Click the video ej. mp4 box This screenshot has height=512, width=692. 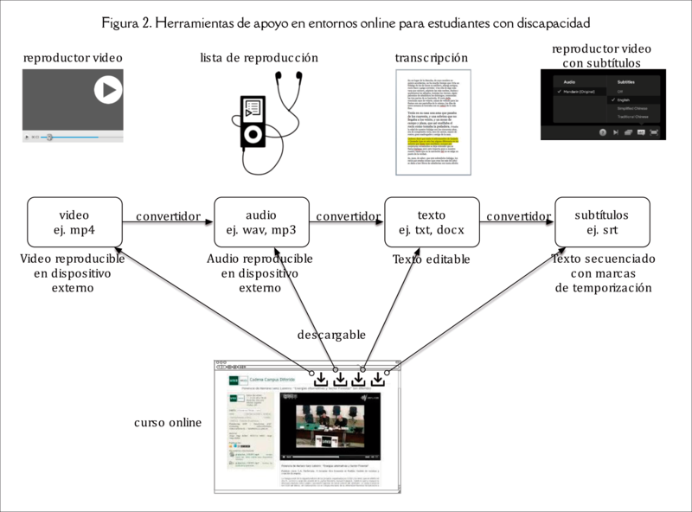click(x=74, y=222)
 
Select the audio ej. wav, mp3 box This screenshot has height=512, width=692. click(x=261, y=222)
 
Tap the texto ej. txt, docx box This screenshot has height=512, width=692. click(x=431, y=222)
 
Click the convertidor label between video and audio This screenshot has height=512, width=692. click(x=168, y=215)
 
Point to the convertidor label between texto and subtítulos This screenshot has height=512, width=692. click(x=516, y=215)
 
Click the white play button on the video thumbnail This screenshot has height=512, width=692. click(x=108, y=89)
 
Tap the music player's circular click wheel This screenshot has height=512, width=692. click(x=252, y=135)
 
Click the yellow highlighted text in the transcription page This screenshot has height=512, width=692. click(x=430, y=140)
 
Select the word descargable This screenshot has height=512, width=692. click(x=332, y=334)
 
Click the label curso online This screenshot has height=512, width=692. click(x=168, y=423)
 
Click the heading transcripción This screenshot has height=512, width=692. click(x=432, y=58)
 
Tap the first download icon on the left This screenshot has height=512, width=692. click(x=320, y=378)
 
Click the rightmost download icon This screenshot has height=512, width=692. click(x=378, y=378)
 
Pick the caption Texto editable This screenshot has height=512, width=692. click(x=430, y=259)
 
